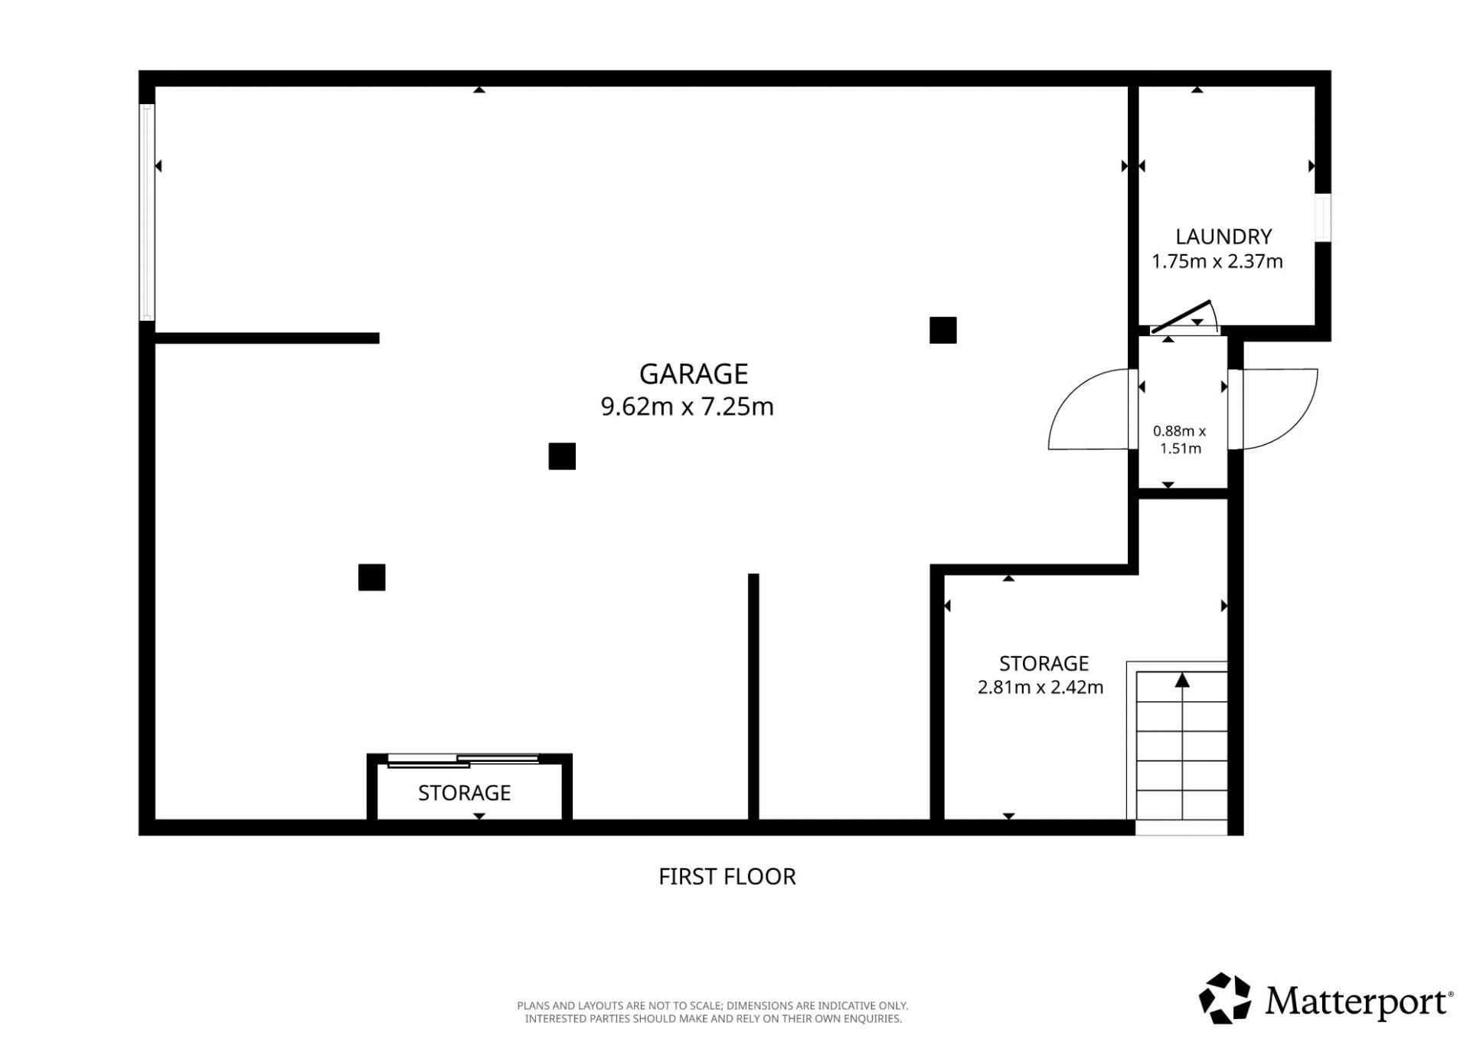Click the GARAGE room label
[694, 374]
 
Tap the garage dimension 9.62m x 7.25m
[687, 406]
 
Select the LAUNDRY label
[1223, 237]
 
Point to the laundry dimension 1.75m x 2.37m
[1217, 262]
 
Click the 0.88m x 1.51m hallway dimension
[1180, 439]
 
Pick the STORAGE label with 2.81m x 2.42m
[1044, 663]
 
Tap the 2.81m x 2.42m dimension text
[1040, 688]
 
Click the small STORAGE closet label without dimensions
[464, 792]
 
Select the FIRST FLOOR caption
[727, 876]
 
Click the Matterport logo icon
[1225, 998]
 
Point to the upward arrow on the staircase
[1183, 680]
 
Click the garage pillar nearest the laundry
[943, 330]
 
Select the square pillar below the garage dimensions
[562, 456]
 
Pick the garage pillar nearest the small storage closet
[372, 577]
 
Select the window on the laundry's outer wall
[1323, 218]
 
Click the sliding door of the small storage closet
[463, 760]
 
